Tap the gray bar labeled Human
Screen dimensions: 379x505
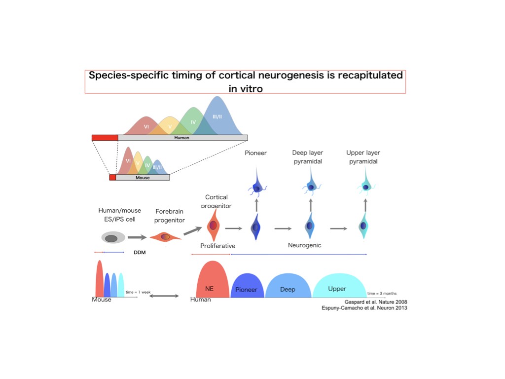point(182,138)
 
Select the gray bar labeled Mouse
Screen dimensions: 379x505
point(143,177)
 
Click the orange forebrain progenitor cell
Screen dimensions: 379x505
point(165,237)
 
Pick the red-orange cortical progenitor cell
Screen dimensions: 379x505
point(214,225)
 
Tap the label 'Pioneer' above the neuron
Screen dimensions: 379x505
point(255,153)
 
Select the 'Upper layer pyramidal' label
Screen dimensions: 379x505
point(363,157)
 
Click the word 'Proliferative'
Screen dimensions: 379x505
point(217,246)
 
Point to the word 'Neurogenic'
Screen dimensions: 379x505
point(304,245)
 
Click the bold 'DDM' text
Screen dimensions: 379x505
point(140,252)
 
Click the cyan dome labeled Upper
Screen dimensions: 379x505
point(337,287)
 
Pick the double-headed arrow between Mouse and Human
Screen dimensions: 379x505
point(164,296)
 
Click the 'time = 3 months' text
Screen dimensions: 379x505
point(382,293)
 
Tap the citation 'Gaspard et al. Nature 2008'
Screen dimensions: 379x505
point(375,302)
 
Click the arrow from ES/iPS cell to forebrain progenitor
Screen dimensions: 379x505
point(137,238)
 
